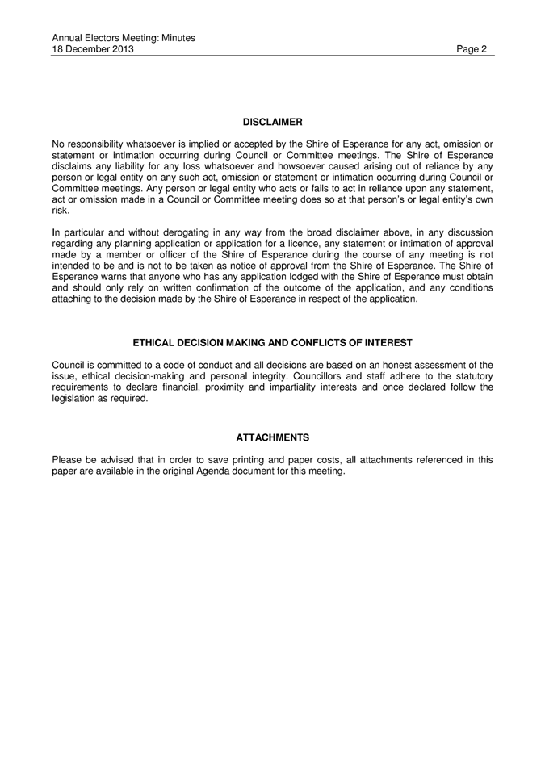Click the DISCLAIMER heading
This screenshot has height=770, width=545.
[272, 122]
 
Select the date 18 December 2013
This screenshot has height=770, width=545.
[93, 49]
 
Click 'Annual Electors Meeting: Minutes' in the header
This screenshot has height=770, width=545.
[124, 38]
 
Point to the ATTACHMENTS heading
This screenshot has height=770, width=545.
[272, 437]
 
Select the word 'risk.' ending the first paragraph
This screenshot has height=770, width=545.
[61, 211]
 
